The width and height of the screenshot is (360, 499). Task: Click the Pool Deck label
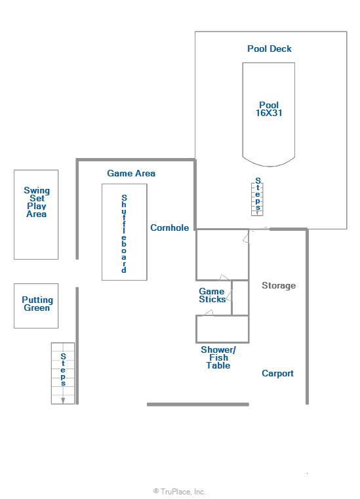270,49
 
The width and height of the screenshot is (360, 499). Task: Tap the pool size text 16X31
269,113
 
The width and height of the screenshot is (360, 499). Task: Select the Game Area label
131,174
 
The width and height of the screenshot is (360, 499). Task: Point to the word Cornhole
170,228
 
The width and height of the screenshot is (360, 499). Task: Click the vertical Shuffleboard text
124,233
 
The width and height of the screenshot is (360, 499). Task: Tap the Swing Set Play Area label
37,202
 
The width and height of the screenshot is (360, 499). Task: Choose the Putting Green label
37,304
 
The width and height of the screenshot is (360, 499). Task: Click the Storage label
279,286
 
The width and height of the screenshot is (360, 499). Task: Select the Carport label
277,373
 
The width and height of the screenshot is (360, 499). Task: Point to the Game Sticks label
212,295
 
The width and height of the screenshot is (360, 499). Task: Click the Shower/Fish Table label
218,357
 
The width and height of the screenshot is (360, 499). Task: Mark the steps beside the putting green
63,373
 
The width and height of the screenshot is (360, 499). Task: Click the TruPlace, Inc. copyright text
180,492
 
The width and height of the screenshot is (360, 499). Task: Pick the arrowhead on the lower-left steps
63,401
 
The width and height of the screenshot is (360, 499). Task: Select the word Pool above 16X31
269,105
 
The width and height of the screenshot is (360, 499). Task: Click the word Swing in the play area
37,191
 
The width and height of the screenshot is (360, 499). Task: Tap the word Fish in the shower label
218,357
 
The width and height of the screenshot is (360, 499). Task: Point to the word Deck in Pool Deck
281,49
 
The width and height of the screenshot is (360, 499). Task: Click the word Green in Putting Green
37,308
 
